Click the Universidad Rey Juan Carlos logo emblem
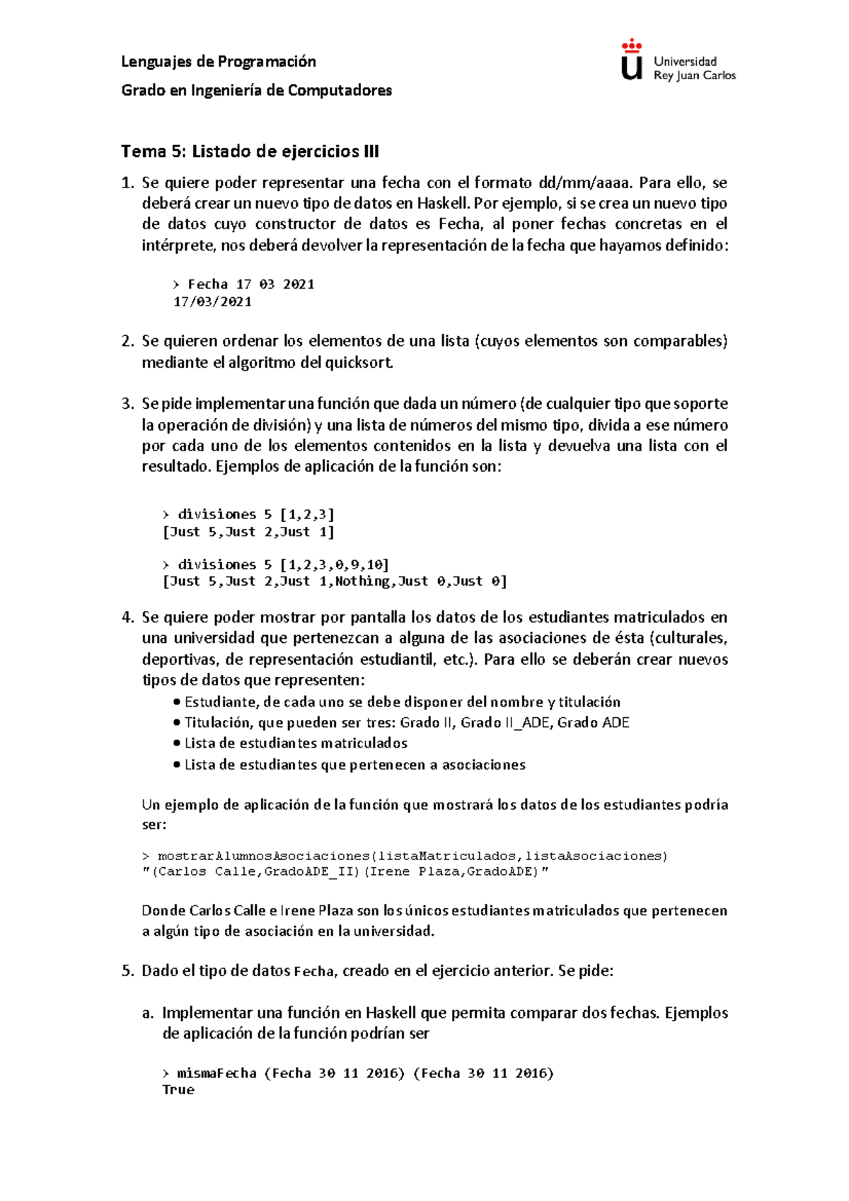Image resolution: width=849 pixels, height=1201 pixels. [x=631, y=61]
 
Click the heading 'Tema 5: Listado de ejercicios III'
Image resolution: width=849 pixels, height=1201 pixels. [x=250, y=151]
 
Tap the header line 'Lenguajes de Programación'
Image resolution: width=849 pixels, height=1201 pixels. [x=219, y=62]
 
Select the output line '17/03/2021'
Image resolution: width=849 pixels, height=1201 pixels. [x=212, y=301]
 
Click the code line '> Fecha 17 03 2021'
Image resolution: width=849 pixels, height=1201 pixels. [x=244, y=284]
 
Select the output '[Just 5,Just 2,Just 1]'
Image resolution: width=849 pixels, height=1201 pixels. [x=248, y=531]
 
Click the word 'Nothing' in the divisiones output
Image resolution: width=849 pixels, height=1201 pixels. [x=362, y=581]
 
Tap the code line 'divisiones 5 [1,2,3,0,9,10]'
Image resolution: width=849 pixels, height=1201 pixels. [x=283, y=564]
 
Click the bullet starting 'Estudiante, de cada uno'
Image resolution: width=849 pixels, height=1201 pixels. [x=402, y=702]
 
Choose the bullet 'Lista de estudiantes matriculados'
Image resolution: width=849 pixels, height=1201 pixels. [x=296, y=743]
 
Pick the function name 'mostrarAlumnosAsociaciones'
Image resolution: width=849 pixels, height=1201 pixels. [x=263, y=856]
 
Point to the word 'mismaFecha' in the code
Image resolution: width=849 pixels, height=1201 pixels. [x=216, y=1073]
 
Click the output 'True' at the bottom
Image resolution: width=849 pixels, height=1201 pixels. [x=178, y=1089]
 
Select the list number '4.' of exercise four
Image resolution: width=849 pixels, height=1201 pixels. [x=127, y=617]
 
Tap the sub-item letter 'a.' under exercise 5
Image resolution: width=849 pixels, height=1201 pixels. [x=148, y=1013]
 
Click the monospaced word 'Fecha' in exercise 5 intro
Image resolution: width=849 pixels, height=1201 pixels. [x=313, y=972]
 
